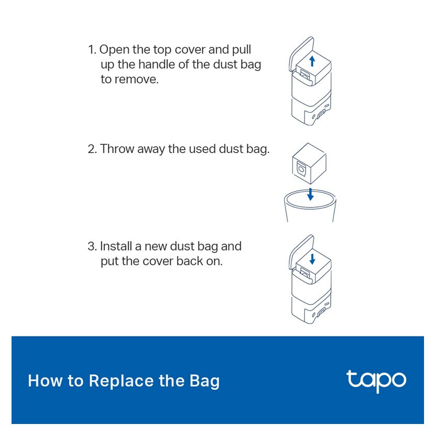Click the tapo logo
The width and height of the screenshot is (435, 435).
pyautogui.click(x=376, y=381)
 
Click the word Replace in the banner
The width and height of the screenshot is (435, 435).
pyautogui.click(x=121, y=382)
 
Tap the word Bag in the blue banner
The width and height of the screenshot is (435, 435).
pyautogui.click(x=204, y=382)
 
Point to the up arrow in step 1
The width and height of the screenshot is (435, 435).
pyautogui.click(x=312, y=61)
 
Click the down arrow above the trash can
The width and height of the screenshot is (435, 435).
pyautogui.click(x=310, y=194)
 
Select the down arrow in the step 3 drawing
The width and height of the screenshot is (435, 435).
pyautogui.click(x=312, y=259)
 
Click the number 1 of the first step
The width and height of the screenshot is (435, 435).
pyautogui.click(x=92, y=50)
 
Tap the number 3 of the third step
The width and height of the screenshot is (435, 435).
pyautogui.click(x=92, y=246)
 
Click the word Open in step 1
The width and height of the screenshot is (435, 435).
pyautogui.click(x=114, y=50)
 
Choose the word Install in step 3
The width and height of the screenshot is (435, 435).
pyautogui.click(x=116, y=246)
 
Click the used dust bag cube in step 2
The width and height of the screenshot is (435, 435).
pyautogui.click(x=309, y=164)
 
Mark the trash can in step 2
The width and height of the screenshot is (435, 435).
pyautogui.click(x=310, y=206)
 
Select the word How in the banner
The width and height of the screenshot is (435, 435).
pyautogui.click(x=45, y=380)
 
